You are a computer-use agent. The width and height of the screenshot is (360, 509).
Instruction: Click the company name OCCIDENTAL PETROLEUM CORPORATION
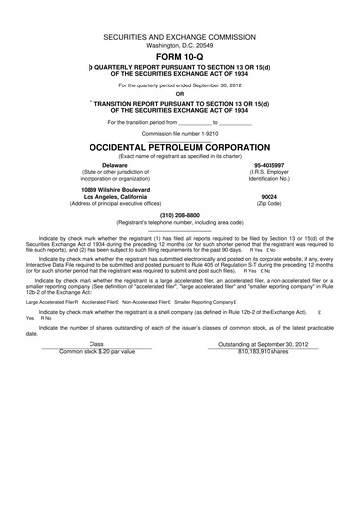point(179,144)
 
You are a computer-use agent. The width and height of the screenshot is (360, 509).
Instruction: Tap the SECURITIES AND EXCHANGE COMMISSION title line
point(179,36)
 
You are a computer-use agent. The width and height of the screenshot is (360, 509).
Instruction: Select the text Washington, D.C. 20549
point(179,45)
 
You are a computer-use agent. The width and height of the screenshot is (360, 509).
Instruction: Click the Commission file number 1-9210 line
point(179,132)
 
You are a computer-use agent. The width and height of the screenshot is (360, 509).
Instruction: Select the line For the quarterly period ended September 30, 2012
point(179,85)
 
